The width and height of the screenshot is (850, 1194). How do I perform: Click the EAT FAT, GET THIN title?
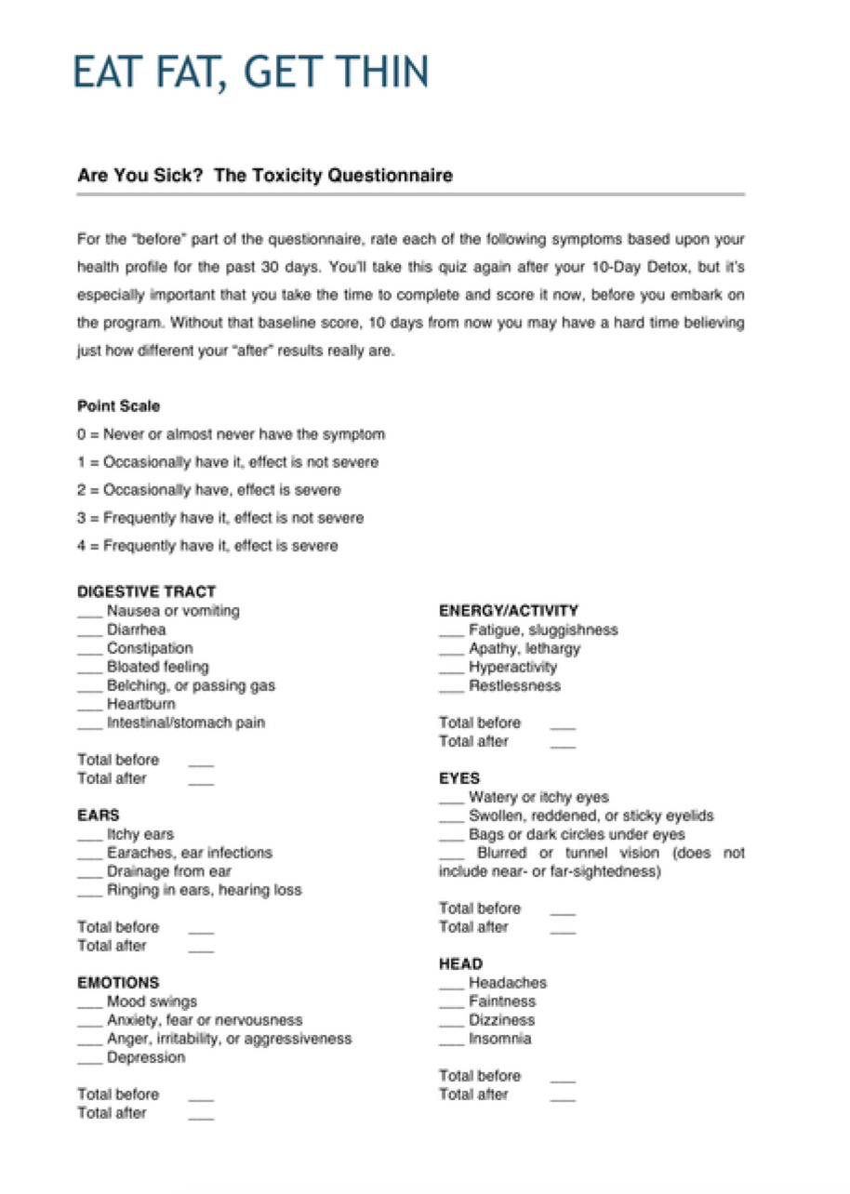(251, 73)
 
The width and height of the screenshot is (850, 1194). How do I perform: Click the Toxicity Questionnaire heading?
(265, 175)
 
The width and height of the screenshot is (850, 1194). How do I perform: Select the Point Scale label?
(119, 406)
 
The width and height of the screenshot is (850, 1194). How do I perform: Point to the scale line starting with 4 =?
(207, 546)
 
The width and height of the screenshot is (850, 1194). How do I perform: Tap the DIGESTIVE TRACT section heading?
(146, 591)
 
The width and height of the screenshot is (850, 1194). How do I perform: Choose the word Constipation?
(150, 648)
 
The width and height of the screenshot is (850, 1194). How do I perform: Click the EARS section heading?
(99, 816)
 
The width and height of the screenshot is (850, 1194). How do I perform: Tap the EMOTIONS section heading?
(118, 982)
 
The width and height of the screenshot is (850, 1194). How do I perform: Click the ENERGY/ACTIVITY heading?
(508, 611)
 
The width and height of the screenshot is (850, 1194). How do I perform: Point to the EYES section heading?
(459, 778)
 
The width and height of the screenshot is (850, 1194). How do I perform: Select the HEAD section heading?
(460, 964)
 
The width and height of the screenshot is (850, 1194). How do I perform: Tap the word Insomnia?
(500, 1039)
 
